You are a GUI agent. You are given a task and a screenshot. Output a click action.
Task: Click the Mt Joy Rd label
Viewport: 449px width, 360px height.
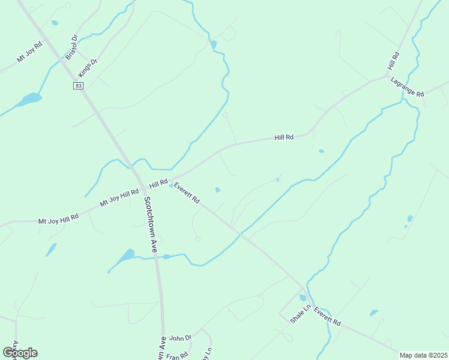(x=29, y=52)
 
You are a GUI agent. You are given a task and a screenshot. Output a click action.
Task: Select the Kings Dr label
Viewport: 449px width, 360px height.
(x=88, y=68)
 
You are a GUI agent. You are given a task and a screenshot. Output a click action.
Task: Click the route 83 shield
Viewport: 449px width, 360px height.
(x=79, y=86)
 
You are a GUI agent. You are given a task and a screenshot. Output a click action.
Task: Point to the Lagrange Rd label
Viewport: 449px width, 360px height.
(x=407, y=87)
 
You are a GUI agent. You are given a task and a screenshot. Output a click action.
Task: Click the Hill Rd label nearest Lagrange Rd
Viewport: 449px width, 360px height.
(x=394, y=62)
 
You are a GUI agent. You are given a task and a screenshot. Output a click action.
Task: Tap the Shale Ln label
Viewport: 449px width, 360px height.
(x=300, y=314)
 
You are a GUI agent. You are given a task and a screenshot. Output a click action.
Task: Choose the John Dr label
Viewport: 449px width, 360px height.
(x=180, y=338)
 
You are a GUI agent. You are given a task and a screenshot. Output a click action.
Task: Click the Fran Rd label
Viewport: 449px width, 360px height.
(x=176, y=355)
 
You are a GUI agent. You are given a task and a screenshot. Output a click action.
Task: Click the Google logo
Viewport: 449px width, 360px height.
(x=20, y=353)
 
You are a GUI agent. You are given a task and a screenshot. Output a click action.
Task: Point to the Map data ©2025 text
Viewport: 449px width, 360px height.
(x=424, y=355)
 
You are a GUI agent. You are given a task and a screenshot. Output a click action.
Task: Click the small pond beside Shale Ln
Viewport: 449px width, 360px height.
(x=303, y=298)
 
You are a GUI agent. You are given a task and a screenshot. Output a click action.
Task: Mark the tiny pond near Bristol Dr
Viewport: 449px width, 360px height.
(x=55, y=23)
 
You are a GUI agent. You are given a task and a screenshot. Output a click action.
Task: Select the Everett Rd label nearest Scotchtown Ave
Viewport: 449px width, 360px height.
(x=187, y=193)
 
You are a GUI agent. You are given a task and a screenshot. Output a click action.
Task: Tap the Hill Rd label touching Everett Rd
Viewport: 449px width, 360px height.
(x=158, y=182)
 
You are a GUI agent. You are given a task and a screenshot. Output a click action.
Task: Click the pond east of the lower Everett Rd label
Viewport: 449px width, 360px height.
(x=374, y=313)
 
